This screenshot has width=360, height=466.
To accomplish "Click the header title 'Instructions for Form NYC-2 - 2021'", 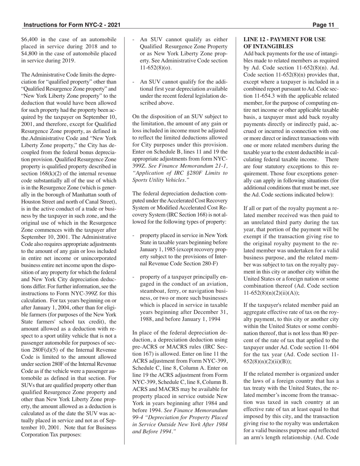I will (72, 25).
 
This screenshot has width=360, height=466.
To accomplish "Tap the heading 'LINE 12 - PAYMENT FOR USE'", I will (284, 39).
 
